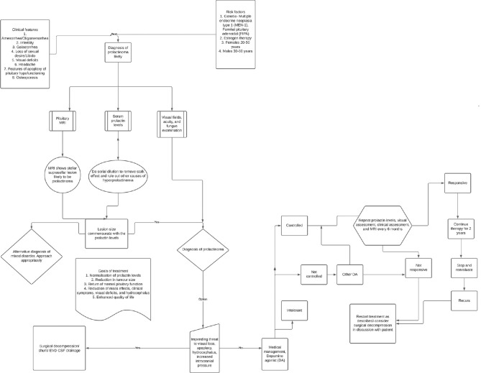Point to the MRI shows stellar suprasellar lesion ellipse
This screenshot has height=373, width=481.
pos(62,161)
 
